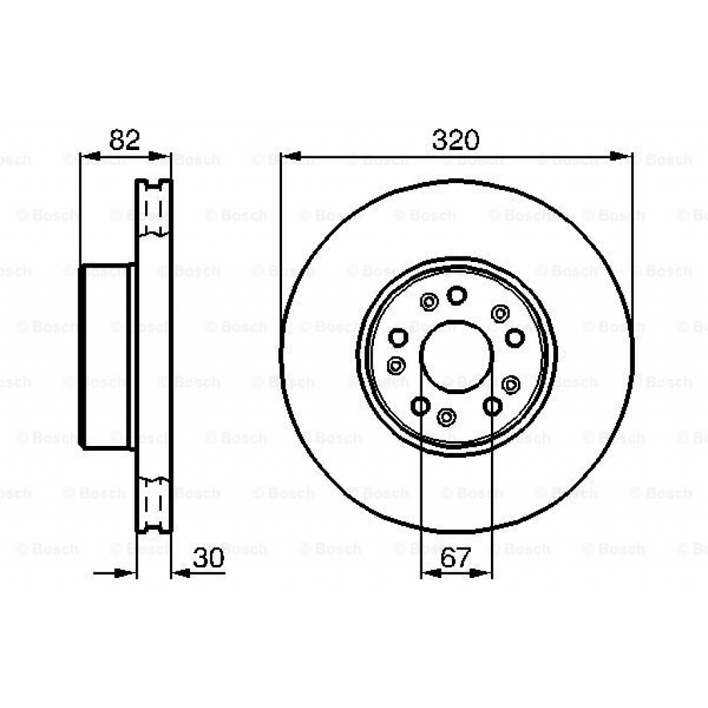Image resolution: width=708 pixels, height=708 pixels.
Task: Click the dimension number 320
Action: tap(456, 140)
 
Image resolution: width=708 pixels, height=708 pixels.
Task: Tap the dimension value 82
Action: tap(125, 140)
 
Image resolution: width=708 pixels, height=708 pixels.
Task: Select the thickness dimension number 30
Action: tap(208, 559)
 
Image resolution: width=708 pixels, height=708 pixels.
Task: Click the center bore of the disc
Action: tap(456, 356)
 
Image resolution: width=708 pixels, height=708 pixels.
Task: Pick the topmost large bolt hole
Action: tap(456, 296)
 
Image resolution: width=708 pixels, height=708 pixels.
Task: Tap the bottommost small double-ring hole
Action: tap(447, 417)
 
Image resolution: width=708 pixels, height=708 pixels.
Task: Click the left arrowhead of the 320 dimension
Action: tap(289, 158)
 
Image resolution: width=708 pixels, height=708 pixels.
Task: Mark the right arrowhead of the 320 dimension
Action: tap(623, 158)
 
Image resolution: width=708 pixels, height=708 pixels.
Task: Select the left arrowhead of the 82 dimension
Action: tap(88, 158)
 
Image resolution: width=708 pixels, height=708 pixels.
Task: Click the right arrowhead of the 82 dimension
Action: tap(162, 158)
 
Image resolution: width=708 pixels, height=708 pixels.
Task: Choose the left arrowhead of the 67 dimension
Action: tap(429, 572)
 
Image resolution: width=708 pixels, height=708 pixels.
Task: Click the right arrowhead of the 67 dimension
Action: tap(483, 572)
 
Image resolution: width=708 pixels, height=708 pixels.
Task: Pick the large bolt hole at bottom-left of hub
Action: tap(420, 407)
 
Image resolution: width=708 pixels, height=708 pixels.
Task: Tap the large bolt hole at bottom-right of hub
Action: tap(492, 407)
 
